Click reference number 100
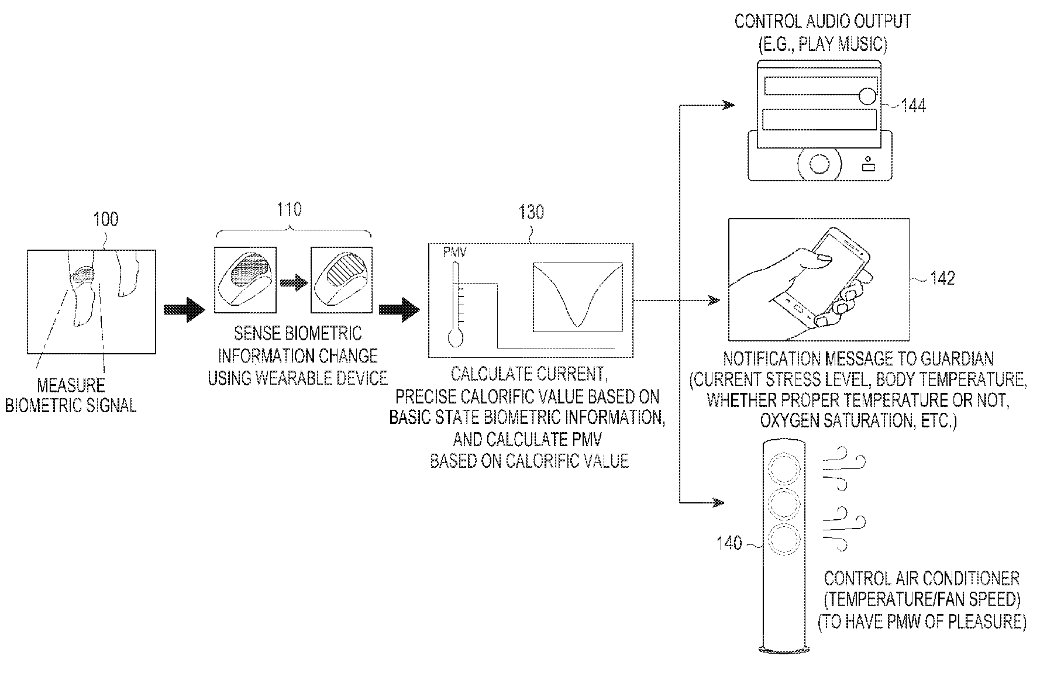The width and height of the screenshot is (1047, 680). click(x=106, y=219)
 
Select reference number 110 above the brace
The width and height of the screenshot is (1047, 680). click(x=289, y=209)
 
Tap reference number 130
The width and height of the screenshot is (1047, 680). click(x=531, y=212)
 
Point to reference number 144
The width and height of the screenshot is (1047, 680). click(x=913, y=106)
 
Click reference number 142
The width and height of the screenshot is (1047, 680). click(x=942, y=278)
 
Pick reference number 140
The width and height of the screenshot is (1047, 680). click(x=729, y=543)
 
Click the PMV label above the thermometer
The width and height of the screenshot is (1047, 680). click(x=454, y=253)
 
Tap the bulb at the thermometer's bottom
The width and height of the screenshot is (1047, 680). click(x=454, y=338)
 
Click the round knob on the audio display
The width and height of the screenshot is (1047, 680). click(x=868, y=95)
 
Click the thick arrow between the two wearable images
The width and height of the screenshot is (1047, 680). click(x=294, y=284)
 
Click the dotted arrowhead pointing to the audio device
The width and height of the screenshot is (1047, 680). click(x=728, y=105)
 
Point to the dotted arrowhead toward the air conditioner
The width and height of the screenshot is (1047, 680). click(x=717, y=502)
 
